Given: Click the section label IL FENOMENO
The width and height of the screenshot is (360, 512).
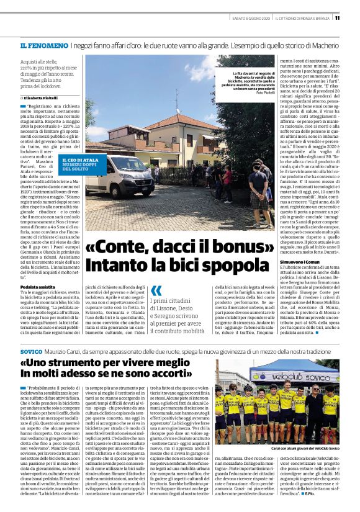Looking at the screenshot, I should tap(43, 46).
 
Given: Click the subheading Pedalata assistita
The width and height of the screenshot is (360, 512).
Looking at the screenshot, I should tap(38, 287).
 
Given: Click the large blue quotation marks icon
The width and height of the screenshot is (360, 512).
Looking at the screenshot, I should tap(156, 290).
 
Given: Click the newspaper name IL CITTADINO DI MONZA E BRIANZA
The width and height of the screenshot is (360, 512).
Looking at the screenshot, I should tap(302, 17).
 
